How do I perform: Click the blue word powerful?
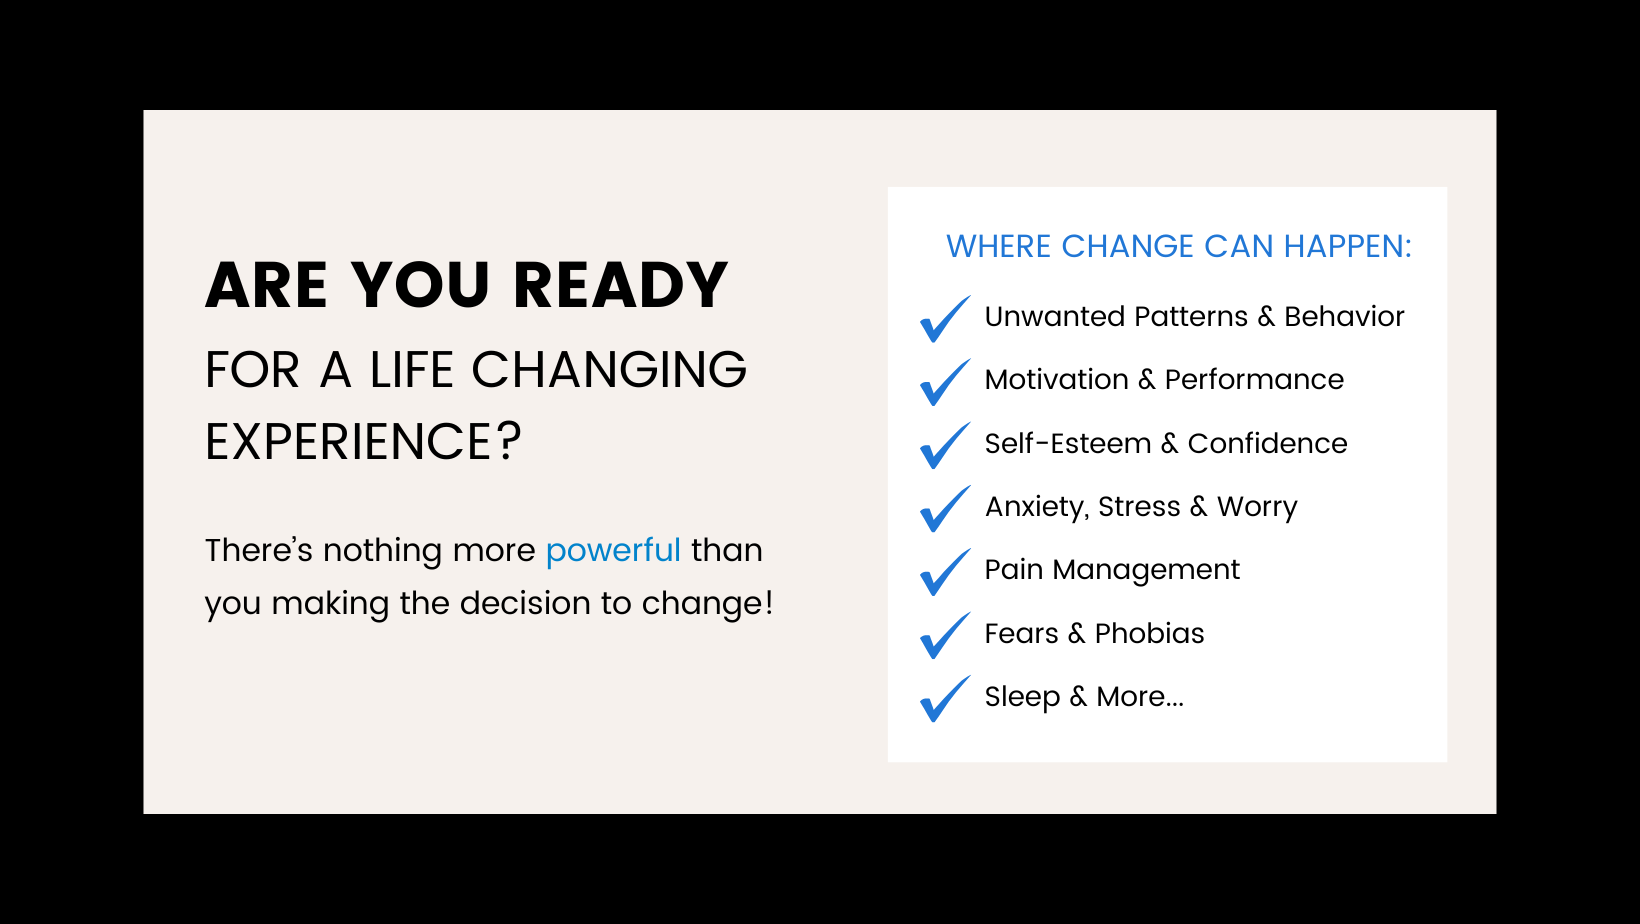[613, 551]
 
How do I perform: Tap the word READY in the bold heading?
[620, 285]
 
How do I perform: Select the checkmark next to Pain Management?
[945, 572]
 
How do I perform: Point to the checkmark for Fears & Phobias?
[945, 635]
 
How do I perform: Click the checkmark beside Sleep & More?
[945, 698]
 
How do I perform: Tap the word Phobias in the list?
[1149, 633]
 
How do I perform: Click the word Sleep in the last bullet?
[1022, 698]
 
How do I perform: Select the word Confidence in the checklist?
[1267, 444]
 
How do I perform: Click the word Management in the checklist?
[1146, 571]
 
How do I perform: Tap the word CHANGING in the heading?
[608, 369]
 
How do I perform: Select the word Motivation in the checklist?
[1056, 380]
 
